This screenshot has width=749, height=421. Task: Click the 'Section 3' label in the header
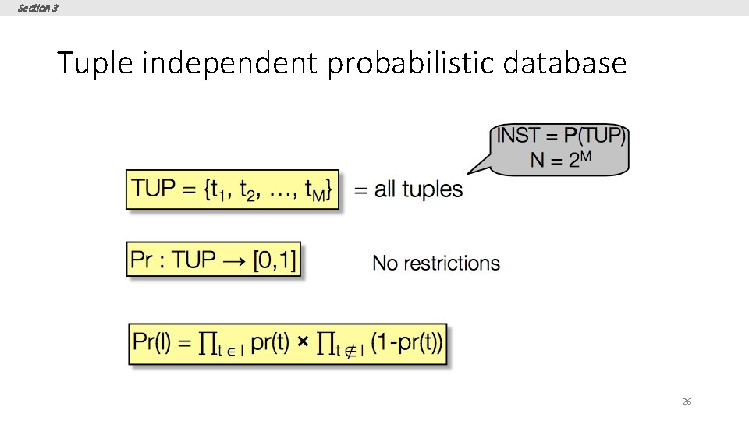coord(37,8)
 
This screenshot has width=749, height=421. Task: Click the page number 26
coord(687,402)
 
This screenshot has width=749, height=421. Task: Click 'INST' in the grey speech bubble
coord(518,136)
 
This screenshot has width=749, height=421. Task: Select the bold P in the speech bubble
coord(570,136)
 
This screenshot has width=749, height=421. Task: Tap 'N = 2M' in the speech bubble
coord(561,160)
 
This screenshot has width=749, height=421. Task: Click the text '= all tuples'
coord(408,189)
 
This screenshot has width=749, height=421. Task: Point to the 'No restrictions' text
coord(436,264)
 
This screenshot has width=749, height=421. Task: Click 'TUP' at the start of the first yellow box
coord(154,189)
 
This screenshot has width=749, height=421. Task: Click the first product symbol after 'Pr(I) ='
coord(207,344)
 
